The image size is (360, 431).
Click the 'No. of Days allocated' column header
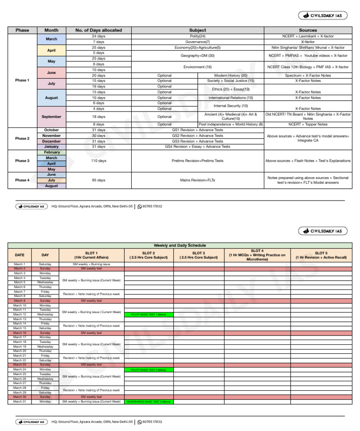coord(98,30)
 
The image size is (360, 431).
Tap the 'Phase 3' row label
coord(22,161)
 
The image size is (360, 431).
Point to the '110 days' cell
coord(98,161)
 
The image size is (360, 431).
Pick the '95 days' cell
coord(98,180)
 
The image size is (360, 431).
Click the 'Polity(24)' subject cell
coord(197,36)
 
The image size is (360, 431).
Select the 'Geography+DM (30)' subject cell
coord(197,55)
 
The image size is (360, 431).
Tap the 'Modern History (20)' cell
coord(230,75)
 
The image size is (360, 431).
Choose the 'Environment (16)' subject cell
coord(197,67)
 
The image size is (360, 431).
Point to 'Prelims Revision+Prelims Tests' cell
coord(197,161)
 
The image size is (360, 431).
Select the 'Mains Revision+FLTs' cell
coord(197,180)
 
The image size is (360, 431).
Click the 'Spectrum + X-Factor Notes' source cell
coord(307,75)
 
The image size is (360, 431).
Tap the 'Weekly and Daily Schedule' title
coord(180,245)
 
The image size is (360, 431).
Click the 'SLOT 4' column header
coord(257,255)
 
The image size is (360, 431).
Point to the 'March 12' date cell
coord(19,314)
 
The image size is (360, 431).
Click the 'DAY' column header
coord(45,255)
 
